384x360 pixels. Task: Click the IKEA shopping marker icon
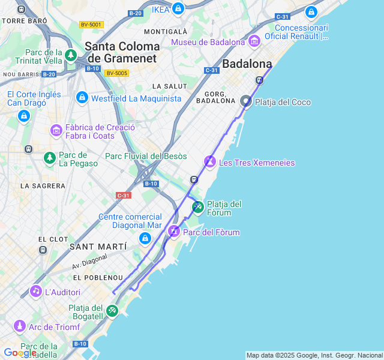coord(178,9)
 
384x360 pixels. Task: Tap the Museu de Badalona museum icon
coord(254,41)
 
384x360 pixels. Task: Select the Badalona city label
coord(247,64)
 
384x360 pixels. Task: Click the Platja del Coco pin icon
coord(246,101)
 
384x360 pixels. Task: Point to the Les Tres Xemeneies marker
coord(210,161)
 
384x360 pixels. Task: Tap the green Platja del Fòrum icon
coord(198,208)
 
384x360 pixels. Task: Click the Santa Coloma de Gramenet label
coord(122,52)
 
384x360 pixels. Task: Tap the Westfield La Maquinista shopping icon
coord(82,98)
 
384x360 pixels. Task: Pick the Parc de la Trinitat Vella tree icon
coord(71,56)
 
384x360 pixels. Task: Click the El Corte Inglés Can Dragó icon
coord(24,115)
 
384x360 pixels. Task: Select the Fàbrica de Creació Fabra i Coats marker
coord(56,130)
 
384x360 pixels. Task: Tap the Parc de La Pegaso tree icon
coord(50,158)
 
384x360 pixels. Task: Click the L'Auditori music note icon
coord(36,292)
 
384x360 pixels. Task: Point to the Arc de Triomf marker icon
coord(20,326)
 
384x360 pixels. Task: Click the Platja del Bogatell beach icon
coord(112,310)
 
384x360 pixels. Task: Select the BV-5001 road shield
coord(91,25)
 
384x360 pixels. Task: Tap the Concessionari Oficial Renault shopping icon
coord(311,12)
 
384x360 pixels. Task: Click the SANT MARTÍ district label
coord(98,247)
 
